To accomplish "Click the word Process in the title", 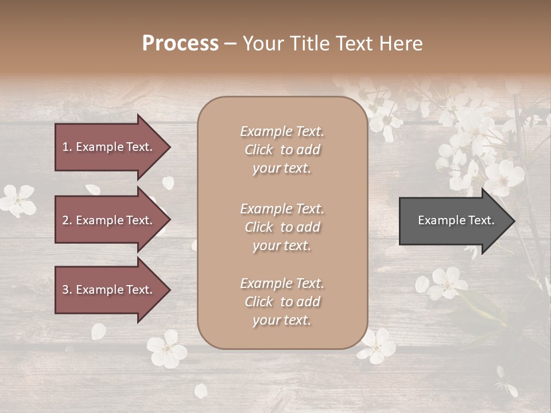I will click(180, 44).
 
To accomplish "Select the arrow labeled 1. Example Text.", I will click(109, 147).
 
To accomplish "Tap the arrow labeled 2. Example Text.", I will click(109, 220).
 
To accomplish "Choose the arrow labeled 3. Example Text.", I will click(109, 290).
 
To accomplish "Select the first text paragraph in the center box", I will click(282, 150).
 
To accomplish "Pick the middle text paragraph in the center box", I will click(282, 227).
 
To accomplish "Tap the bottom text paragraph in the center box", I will click(282, 302).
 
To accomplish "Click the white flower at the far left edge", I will click(17, 200).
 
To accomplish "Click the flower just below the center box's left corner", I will click(166, 349).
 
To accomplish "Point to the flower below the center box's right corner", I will click(377, 346).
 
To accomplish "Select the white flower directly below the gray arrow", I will click(447, 283).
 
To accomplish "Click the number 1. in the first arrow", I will click(67, 147).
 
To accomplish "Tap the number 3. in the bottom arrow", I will click(67, 290).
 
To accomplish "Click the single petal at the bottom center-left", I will click(200, 391).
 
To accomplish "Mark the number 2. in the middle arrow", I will click(67, 220).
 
